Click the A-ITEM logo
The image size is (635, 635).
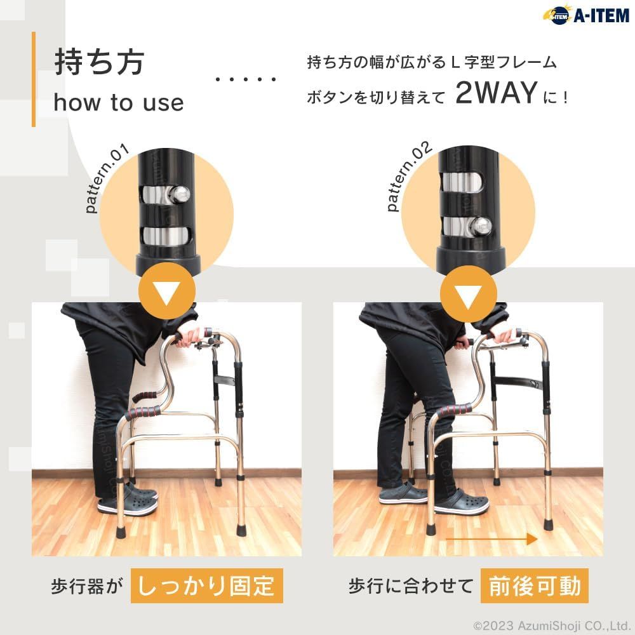point(585,15)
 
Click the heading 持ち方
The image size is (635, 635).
point(99,62)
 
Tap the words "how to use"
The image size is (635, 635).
point(119,102)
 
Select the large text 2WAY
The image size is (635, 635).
point(497,93)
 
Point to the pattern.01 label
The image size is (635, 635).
point(107,178)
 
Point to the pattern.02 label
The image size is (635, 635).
point(409,176)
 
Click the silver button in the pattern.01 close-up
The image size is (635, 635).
point(180,194)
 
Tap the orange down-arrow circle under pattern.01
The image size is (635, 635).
point(167,291)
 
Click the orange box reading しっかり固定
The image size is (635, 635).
point(206,586)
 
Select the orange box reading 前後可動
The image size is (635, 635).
point(535,586)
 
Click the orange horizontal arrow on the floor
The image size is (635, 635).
point(491,539)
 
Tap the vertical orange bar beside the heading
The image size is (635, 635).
point(34,79)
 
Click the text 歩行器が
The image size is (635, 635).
point(86,586)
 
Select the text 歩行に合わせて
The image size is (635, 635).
point(411,586)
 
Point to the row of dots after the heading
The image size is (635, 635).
point(246,79)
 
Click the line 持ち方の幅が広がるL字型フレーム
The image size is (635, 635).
point(432,62)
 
